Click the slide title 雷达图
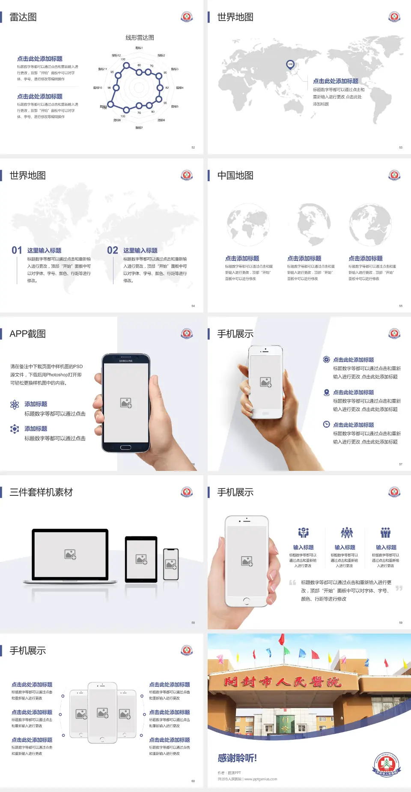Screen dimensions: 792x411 (x=23, y=17)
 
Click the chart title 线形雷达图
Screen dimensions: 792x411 (x=140, y=38)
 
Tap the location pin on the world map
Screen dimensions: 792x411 (x=290, y=65)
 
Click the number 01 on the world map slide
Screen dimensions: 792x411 (x=17, y=250)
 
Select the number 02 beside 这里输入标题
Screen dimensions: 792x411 (x=113, y=250)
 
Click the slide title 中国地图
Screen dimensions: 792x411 (x=235, y=176)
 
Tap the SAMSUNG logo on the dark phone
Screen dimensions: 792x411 (x=126, y=361)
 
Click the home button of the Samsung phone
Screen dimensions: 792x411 (x=125, y=447)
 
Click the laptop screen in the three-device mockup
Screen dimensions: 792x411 (x=70, y=554)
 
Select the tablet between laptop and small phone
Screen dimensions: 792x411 (x=141, y=559)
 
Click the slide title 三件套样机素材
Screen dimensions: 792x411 (x=41, y=492)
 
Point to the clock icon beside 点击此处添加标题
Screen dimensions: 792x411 (x=326, y=424)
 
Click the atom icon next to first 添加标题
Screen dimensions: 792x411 (x=15, y=405)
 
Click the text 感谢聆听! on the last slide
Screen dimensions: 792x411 (x=237, y=758)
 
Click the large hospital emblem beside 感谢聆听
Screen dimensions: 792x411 (x=387, y=765)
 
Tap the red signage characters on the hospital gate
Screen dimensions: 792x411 (x=283, y=682)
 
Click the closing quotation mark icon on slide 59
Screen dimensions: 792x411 (x=399, y=588)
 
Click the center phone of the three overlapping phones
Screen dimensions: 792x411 (x=102, y=712)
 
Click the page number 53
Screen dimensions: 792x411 (x=401, y=147)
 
